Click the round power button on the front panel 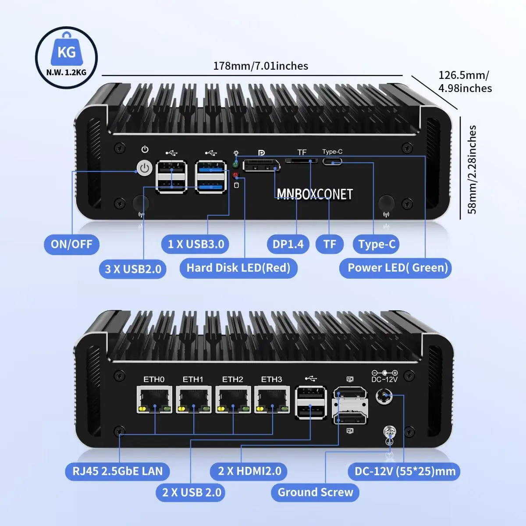point(145,168)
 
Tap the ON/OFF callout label point(71,244)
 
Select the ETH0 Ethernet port point(154,400)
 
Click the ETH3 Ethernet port point(272,400)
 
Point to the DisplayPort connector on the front point(262,166)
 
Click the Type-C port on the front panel point(332,162)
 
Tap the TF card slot point(302,161)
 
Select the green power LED point(235,164)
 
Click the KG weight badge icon point(66,57)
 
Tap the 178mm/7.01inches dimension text point(260,66)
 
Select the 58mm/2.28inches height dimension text point(472,170)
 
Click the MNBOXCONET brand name point(315,194)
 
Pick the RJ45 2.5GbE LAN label point(117,471)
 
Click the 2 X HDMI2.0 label point(249,471)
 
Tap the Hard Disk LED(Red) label point(238,268)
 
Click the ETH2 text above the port point(232,379)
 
